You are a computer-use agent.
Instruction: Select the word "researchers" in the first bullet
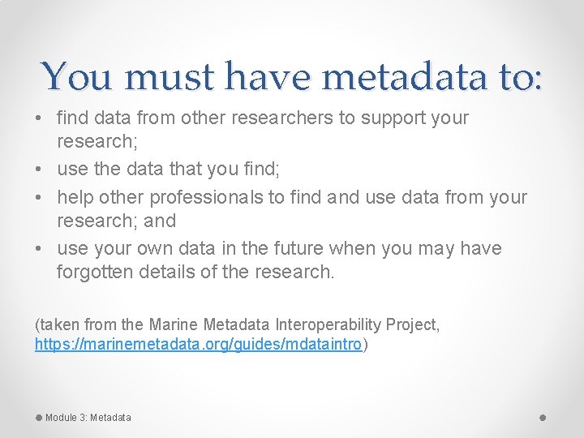(x=282, y=118)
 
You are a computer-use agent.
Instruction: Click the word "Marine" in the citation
(x=174, y=324)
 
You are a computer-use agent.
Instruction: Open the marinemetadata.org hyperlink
(x=198, y=344)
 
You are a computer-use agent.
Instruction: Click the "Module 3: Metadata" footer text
(x=88, y=418)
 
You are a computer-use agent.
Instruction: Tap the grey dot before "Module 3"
(x=39, y=417)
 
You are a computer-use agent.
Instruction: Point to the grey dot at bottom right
(x=543, y=417)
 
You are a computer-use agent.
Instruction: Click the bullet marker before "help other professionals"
(x=40, y=198)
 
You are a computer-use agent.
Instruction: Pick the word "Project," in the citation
(x=414, y=324)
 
